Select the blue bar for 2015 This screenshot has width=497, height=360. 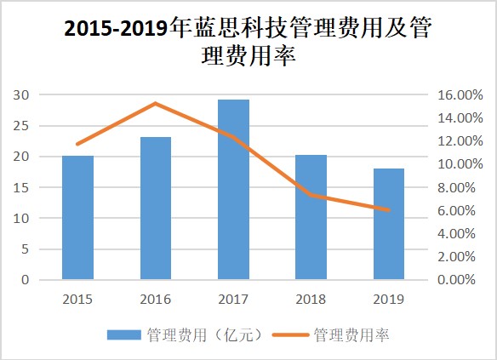pos(77,217)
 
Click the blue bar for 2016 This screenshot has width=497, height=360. pos(156,209)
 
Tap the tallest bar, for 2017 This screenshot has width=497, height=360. pos(233,190)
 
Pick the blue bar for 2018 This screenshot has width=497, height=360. pos(311,217)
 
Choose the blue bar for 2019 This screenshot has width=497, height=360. pos(389,224)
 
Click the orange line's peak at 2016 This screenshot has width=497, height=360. pos(156,103)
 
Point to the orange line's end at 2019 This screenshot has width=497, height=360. pos(389,210)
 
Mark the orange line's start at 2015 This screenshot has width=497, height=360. pos(77,144)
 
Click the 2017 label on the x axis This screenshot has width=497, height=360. pos(233,300)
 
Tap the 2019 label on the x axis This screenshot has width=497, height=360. pos(389,300)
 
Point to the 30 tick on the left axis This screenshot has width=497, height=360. pos(21,94)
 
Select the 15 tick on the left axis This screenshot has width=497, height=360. pos(21,187)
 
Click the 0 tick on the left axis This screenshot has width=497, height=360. pos(25,280)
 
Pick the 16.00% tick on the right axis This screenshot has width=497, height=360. pos(460,94)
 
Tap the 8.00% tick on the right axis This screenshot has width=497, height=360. pos(456,187)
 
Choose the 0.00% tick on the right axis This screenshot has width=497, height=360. pos(456,280)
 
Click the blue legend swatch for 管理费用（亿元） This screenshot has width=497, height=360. pos(124,335)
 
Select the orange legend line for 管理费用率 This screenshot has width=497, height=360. pos(290,335)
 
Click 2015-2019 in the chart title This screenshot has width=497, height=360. pos(116,29)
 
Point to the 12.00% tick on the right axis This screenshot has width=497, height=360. pos(460,141)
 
